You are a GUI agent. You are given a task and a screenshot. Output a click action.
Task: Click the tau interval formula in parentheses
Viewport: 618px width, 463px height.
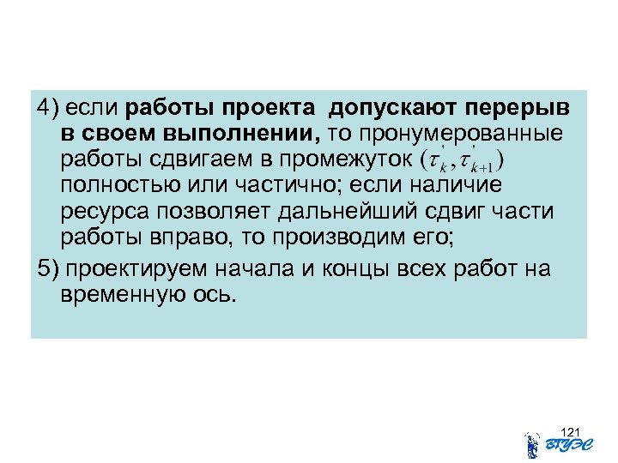(463, 160)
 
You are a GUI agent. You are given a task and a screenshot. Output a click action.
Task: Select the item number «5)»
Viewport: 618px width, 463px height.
(47, 269)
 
